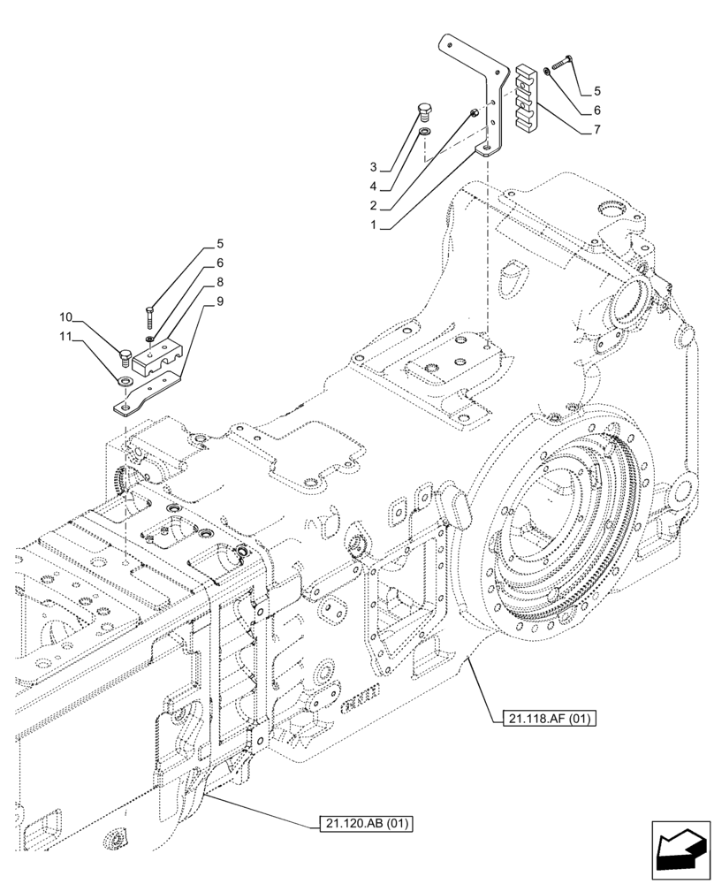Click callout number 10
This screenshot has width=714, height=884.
pos(65,316)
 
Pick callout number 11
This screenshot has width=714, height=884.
pos(65,337)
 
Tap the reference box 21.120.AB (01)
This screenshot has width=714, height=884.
pos(364,824)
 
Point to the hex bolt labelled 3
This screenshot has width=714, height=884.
pos(424,111)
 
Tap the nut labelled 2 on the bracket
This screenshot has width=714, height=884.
pos(475,113)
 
